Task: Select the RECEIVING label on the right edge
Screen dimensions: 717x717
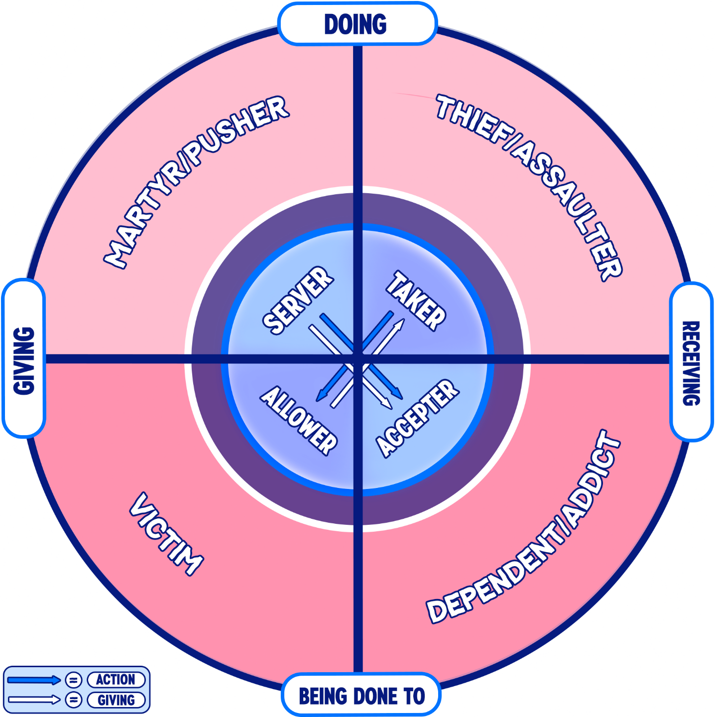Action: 691,363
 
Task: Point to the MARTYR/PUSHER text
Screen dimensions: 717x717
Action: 196,182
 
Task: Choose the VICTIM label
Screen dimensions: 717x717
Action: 166,535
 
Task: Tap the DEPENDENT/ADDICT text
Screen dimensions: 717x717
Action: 523,527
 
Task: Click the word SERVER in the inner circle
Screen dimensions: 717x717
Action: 298,301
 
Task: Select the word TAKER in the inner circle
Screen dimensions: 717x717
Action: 416,301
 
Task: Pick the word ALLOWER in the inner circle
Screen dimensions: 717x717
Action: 299,420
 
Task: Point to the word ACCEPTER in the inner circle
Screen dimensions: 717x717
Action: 418,418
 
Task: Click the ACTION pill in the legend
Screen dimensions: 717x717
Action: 116,680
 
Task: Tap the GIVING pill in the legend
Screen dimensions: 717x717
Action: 116,700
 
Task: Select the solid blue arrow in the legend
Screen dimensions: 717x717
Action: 34,680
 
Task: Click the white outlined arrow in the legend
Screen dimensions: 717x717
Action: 34,700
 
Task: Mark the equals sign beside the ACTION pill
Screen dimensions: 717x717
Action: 74,680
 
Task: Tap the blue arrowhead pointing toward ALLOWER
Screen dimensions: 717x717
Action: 321,396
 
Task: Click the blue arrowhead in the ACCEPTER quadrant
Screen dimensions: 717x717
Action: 397,394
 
